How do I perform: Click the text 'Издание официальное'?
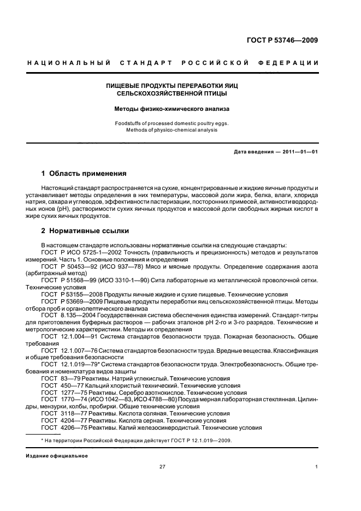tap(56, 455)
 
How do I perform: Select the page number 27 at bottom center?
tap(162, 467)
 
